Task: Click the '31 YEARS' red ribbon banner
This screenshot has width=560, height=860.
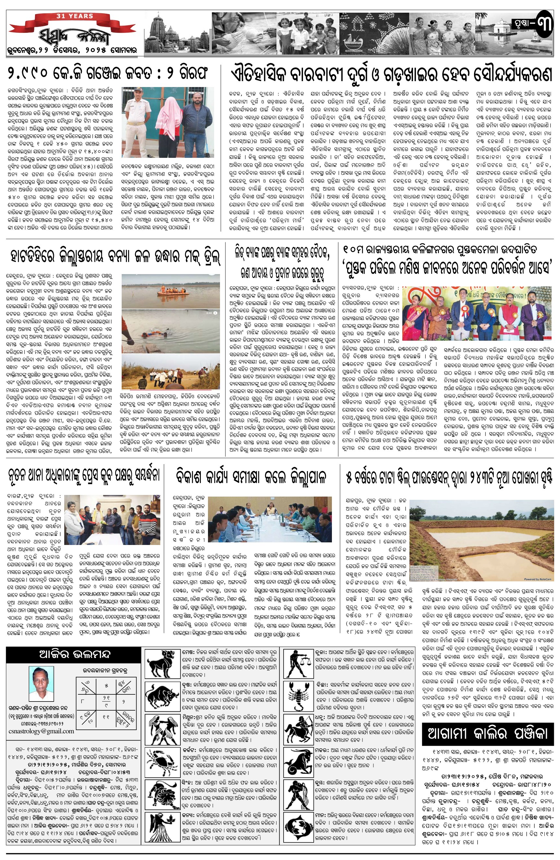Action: click(74, 17)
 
